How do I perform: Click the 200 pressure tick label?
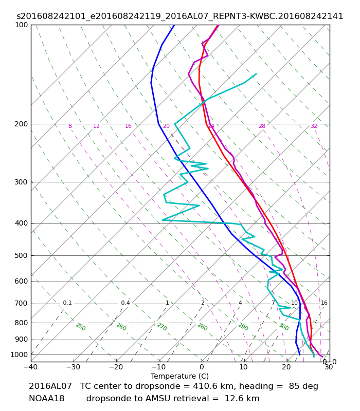(21, 124)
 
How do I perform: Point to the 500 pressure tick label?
(21, 255)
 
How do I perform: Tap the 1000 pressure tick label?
(19, 354)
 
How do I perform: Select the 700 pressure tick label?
(21, 304)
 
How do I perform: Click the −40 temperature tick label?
(31, 367)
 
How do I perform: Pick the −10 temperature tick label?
(159, 367)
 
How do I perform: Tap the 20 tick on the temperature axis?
(286, 367)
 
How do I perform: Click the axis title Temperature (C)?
(179, 376)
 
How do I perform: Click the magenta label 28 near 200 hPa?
(262, 126)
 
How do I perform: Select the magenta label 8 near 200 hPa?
(70, 126)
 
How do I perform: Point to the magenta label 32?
(314, 126)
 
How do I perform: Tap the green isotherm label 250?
(81, 327)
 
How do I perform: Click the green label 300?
(284, 327)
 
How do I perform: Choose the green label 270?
(162, 327)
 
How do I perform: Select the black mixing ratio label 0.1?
(67, 303)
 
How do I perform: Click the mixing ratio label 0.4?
(125, 303)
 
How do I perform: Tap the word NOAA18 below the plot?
(47, 399)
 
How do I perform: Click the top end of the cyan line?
(256, 74)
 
